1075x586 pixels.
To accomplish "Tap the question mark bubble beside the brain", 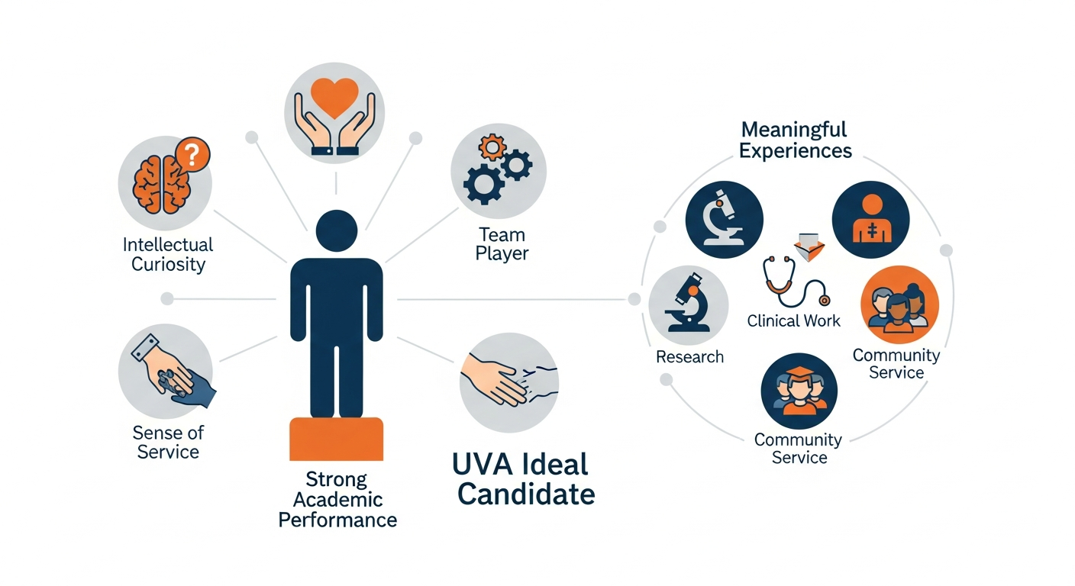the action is click(x=192, y=154).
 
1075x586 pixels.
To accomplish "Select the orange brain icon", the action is click(x=162, y=184).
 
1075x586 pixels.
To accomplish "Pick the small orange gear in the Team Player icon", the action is click(x=492, y=147).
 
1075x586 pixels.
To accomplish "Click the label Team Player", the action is click(x=502, y=244).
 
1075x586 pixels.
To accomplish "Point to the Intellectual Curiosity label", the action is click(x=168, y=255).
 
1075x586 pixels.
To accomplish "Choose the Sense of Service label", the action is click(x=168, y=442).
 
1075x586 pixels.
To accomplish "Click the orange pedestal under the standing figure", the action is click(x=337, y=439).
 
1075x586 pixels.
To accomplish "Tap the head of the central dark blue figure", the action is click(x=337, y=230).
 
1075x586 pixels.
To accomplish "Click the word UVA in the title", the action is click(x=484, y=464).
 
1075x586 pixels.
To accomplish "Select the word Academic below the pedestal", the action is click(x=338, y=500).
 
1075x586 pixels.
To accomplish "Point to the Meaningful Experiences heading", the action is click(x=796, y=140).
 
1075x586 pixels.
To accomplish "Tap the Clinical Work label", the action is click(x=794, y=320).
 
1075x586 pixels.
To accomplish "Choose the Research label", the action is click(x=689, y=357).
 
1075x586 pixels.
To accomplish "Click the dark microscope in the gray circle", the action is click(x=688, y=303).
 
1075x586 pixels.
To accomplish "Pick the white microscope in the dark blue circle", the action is click(x=723, y=218).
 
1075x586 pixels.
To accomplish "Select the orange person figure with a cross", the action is click(x=871, y=218).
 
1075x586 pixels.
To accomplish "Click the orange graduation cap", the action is click(x=799, y=372).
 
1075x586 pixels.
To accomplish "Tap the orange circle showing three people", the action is click(x=900, y=304).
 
